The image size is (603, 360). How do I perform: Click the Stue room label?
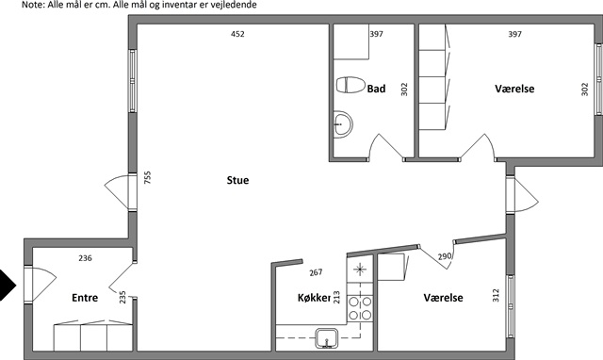pyautogui.click(x=237, y=180)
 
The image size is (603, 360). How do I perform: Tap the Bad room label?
pyautogui.click(x=376, y=89)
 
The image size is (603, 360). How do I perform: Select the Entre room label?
pyautogui.click(x=85, y=298)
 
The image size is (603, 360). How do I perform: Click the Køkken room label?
pyautogui.click(x=314, y=298)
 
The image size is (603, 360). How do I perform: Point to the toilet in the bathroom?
pyautogui.click(x=350, y=85)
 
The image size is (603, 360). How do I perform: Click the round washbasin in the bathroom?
pyautogui.click(x=342, y=123)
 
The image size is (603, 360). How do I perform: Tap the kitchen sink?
pyautogui.click(x=327, y=338)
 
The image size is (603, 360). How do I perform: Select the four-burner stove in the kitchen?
pyautogui.click(x=360, y=308)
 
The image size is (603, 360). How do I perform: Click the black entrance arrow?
pyautogui.click(x=8, y=285)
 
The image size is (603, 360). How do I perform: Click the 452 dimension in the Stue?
pyautogui.click(x=237, y=34)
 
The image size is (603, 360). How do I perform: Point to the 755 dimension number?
pyautogui.click(x=147, y=177)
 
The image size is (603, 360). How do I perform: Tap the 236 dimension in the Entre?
pyautogui.click(x=85, y=258)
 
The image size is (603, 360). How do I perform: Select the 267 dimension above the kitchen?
pyautogui.click(x=316, y=272)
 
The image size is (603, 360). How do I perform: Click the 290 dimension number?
pyautogui.click(x=445, y=256)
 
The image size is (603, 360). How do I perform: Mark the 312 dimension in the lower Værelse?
pyautogui.click(x=496, y=295)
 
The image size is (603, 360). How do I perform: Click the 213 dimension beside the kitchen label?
pyautogui.click(x=336, y=297)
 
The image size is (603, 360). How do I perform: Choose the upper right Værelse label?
pyautogui.click(x=514, y=89)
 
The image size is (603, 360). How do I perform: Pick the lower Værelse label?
pyautogui.click(x=443, y=298)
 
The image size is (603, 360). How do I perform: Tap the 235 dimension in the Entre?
pyautogui.click(x=122, y=297)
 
